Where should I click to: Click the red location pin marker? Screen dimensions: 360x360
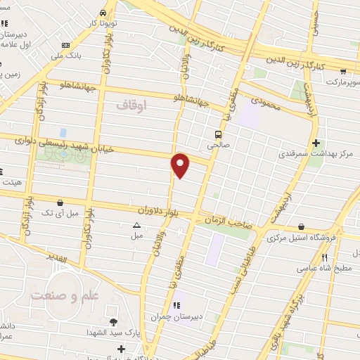coord(181,165)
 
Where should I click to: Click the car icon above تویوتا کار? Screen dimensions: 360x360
coord(104,13)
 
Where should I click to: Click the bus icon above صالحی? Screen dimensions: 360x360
coord(219,134)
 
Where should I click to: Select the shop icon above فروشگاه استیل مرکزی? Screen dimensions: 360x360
coord(302,226)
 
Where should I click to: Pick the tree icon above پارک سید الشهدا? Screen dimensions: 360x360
coord(113,321)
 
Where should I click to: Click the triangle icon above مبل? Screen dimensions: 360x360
coord(136,225)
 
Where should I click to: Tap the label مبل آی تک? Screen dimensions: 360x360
coord(57,212)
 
